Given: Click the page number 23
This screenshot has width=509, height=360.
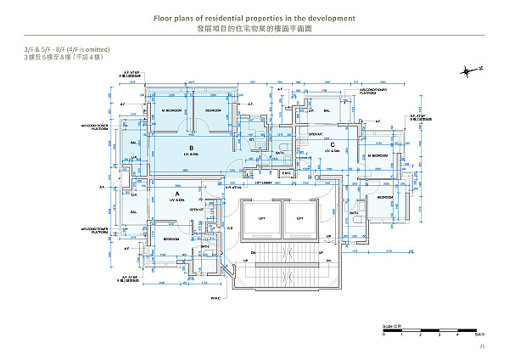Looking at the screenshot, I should pos(481,346).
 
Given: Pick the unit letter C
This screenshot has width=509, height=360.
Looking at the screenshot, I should pos(333,145).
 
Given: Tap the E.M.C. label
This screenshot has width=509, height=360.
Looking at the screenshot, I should pos(287,174).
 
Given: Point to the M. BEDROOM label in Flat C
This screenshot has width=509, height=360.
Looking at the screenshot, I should pos(378,156).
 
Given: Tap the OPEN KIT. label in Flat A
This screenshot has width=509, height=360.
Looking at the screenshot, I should pos(197,210).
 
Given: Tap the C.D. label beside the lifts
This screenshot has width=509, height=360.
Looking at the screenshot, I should pos(231,228).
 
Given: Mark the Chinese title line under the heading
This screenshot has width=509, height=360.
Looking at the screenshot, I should pos(254,28).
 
